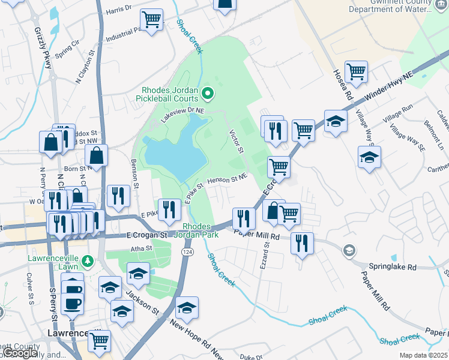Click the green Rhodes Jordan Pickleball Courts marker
click(208, 93)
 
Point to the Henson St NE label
click(228, 178)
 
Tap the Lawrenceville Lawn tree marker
click(88, 261)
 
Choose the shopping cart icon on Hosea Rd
click(356, 72)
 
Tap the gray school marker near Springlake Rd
click(348, 250)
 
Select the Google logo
click(20, 353)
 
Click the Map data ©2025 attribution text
click(423, 355)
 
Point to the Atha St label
click(138, 248)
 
